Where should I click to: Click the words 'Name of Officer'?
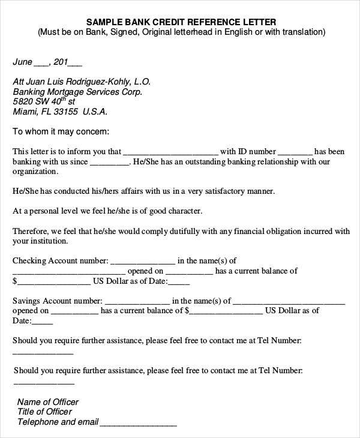(48, 402)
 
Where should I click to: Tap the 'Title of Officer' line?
(45, 412)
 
